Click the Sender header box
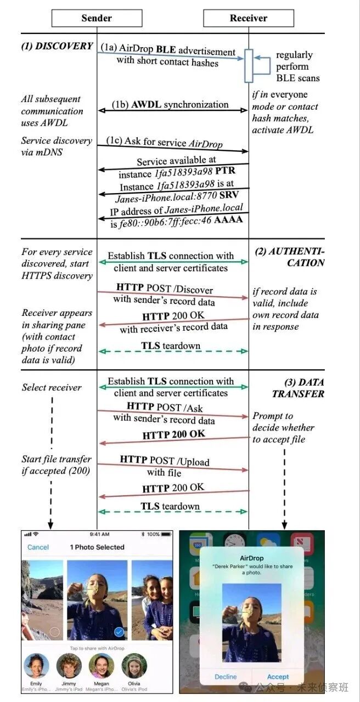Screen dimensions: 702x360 click(x=97, y=18)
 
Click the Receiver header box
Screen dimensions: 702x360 click(x=248, y=18)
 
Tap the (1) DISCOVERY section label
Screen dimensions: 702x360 click(x=57, y=46)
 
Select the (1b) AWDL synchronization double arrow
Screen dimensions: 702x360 click(x=172, y=110)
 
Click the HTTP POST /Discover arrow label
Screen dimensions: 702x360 click(x=165, y=289)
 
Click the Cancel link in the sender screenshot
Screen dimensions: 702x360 click(x=38, y=547)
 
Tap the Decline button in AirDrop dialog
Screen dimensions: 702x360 click(x=226, y=677)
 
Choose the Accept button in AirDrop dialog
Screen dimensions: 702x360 click(x=278, y=677)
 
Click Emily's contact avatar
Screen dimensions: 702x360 click(x=36, y=666)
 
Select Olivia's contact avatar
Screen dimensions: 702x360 click(x=134, y=666)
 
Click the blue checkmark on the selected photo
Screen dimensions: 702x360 click(x=118, y=632)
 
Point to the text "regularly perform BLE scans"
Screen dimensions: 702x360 click(x=297, y=66)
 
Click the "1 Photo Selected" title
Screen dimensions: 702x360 click(x=97, y=547)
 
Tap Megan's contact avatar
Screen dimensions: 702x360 click(x=102, y=666)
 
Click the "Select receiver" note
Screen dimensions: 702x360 click(x=52, y=387)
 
